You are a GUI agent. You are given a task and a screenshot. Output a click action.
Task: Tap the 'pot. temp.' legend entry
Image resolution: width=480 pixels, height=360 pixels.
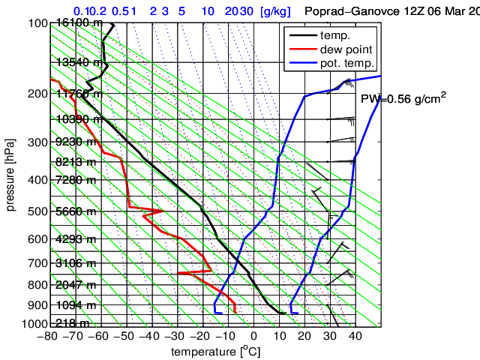(x=346, y=63)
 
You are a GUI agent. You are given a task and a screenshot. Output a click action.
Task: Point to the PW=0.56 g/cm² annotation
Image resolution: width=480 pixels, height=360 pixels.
(x=403, y=100)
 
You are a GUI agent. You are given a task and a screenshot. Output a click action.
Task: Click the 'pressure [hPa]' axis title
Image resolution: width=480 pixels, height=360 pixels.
(x=10, y=174)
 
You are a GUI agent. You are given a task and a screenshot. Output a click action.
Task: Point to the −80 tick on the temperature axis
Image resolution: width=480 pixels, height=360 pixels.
(x=47, y=336)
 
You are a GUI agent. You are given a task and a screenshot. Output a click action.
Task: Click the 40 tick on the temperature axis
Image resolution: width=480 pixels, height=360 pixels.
(x=355, y=336)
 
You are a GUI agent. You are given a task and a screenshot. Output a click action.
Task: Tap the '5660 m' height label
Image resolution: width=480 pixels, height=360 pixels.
(x=75, y=211)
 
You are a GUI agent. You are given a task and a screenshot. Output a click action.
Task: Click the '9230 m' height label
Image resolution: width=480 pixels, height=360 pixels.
(x=75, y=142)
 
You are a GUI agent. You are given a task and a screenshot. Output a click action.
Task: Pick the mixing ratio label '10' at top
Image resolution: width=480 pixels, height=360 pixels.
(x=208, y=11)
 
